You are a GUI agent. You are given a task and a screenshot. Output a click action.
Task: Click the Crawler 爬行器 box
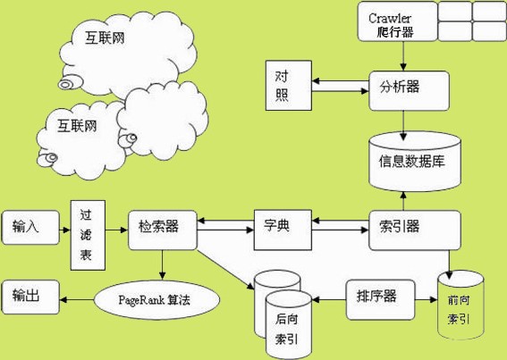[x=394, y=21]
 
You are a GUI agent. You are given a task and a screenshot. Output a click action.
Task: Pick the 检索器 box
[x=162, y=226]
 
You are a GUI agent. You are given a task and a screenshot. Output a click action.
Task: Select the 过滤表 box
[x=87, y=239]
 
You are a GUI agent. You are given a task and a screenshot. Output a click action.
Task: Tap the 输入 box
[x=30, y=228]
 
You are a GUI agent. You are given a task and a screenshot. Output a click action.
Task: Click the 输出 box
[x=30, y=294]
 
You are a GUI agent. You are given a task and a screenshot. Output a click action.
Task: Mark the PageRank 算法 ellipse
[x=157, y=300]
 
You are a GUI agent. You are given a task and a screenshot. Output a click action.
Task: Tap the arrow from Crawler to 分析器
[x=406, y=55]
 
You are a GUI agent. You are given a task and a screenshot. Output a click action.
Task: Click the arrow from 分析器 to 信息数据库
[x=407, y=121]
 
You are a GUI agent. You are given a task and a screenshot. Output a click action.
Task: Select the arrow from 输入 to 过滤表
[x=63, y=228]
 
